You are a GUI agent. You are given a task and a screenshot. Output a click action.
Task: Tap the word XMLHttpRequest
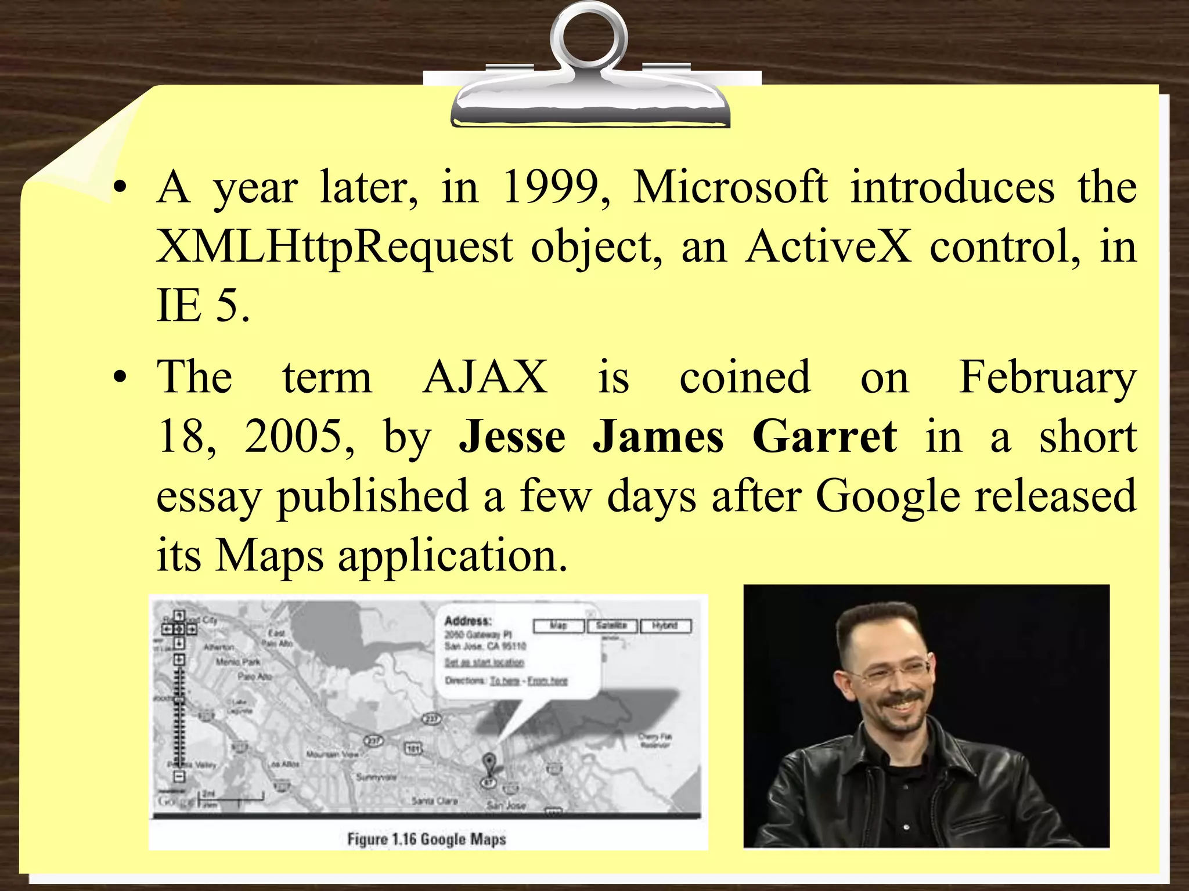(334, 247)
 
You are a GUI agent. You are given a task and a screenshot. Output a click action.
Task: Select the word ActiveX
(829, 247)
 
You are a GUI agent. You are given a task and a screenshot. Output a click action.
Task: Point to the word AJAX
(485, 377)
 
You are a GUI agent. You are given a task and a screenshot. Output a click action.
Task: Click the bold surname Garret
(824, 436)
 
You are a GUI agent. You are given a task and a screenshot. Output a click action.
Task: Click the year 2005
(294, 436)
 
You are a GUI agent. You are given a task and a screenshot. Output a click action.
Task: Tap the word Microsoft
(730, 188)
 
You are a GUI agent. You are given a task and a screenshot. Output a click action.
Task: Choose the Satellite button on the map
(612, 625)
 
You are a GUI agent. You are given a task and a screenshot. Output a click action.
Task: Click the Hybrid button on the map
(665, 625)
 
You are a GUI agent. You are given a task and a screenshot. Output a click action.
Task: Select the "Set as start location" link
(484, 662)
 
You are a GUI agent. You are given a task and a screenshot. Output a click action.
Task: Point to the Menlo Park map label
(238, 661)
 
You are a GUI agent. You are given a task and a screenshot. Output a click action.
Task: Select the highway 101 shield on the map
(412, 748)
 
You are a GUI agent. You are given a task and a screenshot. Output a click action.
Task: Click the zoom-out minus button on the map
(179, 776)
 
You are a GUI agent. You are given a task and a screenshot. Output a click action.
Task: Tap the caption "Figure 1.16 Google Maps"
(427, 839)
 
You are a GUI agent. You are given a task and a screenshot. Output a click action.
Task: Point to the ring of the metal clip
(589, 38)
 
